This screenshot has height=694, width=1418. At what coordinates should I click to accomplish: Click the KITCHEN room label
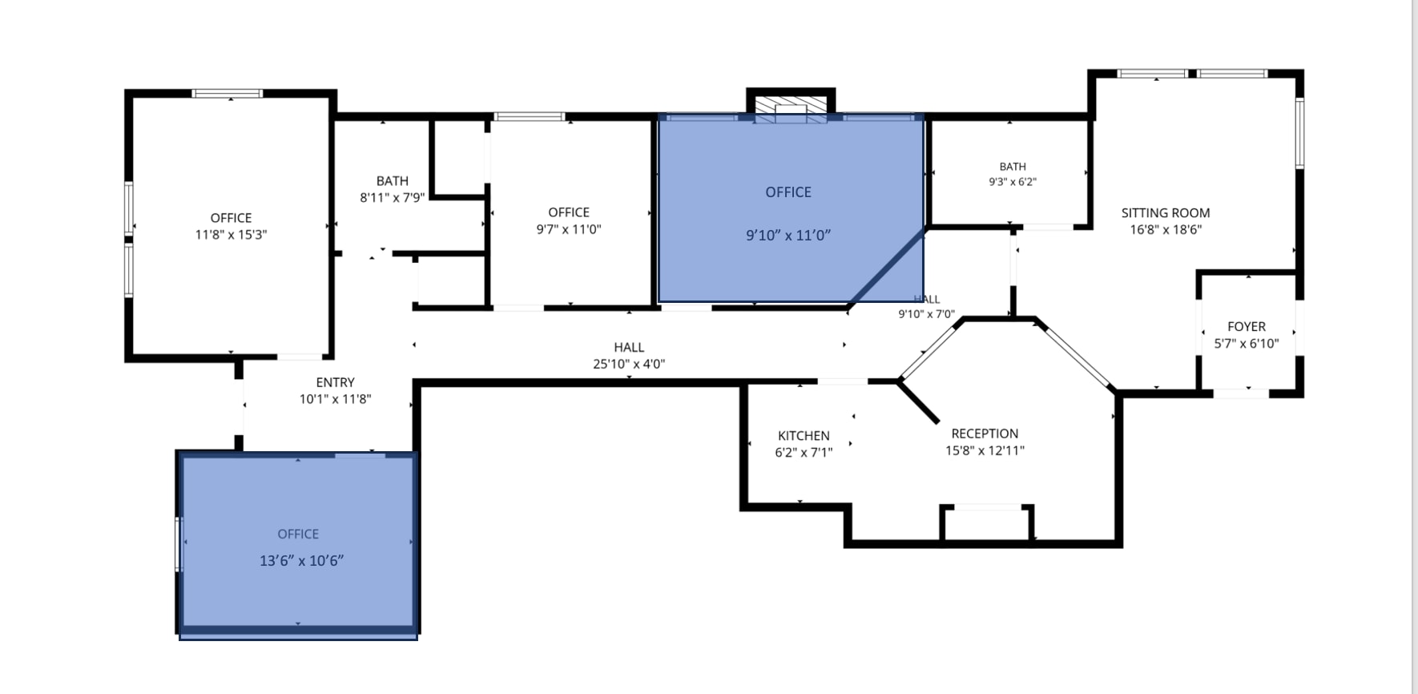coord(804,436)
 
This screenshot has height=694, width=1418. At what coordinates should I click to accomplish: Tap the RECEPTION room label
coord(985,434)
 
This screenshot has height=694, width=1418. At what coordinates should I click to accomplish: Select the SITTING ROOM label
coord(1166,213)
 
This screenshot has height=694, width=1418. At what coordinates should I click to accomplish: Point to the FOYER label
coord(1247,327)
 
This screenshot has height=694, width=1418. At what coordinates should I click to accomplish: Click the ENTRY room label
coord(335,383)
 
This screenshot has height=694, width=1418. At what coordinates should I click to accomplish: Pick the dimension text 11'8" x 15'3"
coord(231,235)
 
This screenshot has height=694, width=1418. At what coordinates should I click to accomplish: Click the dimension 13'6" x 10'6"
coord(301,561)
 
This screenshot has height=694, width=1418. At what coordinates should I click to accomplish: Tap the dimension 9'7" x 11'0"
coord(569,229)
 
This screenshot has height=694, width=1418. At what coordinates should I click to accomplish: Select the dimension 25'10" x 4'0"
coord(629,364)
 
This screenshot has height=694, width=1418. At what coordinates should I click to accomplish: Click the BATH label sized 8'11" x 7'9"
coord(393,181)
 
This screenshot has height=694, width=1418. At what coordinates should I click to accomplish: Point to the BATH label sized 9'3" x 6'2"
coord(1013,167)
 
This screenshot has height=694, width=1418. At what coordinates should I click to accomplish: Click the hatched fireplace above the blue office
coord(791,111)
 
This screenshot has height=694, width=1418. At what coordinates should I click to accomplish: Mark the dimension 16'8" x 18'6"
coord(1166,230)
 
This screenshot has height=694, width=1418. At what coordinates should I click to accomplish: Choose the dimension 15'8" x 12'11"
coord(985,450)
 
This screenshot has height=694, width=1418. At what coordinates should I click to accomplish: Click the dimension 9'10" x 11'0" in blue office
coord(788,236)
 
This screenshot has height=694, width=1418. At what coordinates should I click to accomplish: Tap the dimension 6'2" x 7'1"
coord(804,453)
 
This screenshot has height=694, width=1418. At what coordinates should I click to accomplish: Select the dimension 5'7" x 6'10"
coord(1247,344)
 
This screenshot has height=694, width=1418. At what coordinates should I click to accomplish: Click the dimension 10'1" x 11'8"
coord(335,399)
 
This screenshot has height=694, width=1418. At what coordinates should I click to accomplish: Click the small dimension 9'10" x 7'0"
coord(926,314)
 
